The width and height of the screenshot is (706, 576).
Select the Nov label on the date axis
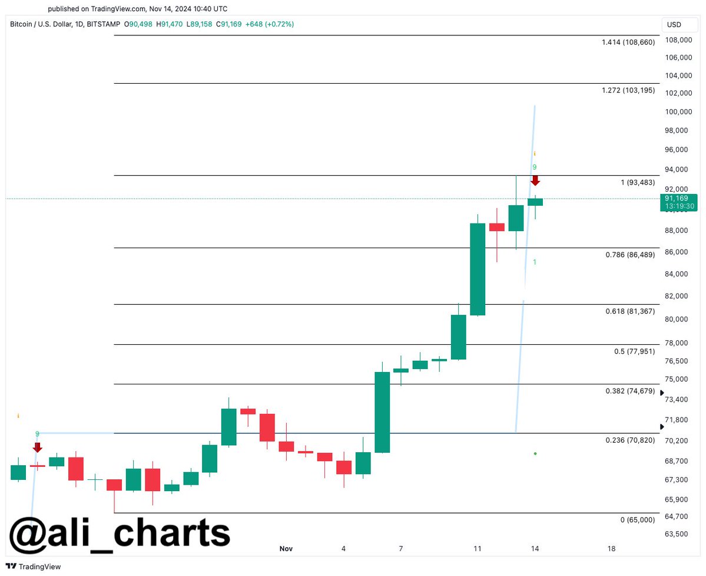coord(286,549)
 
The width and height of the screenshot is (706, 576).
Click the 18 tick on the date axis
coord(611,549)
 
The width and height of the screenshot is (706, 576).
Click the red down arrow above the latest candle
coord(535,180)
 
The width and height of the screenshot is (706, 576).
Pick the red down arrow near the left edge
coord(37,447)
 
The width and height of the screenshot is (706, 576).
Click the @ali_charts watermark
coord(119,533)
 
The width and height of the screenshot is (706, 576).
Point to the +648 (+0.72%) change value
coord(269,24)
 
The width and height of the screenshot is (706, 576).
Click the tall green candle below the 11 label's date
coord(477,269)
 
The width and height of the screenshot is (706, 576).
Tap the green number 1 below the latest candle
coord(534,262)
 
